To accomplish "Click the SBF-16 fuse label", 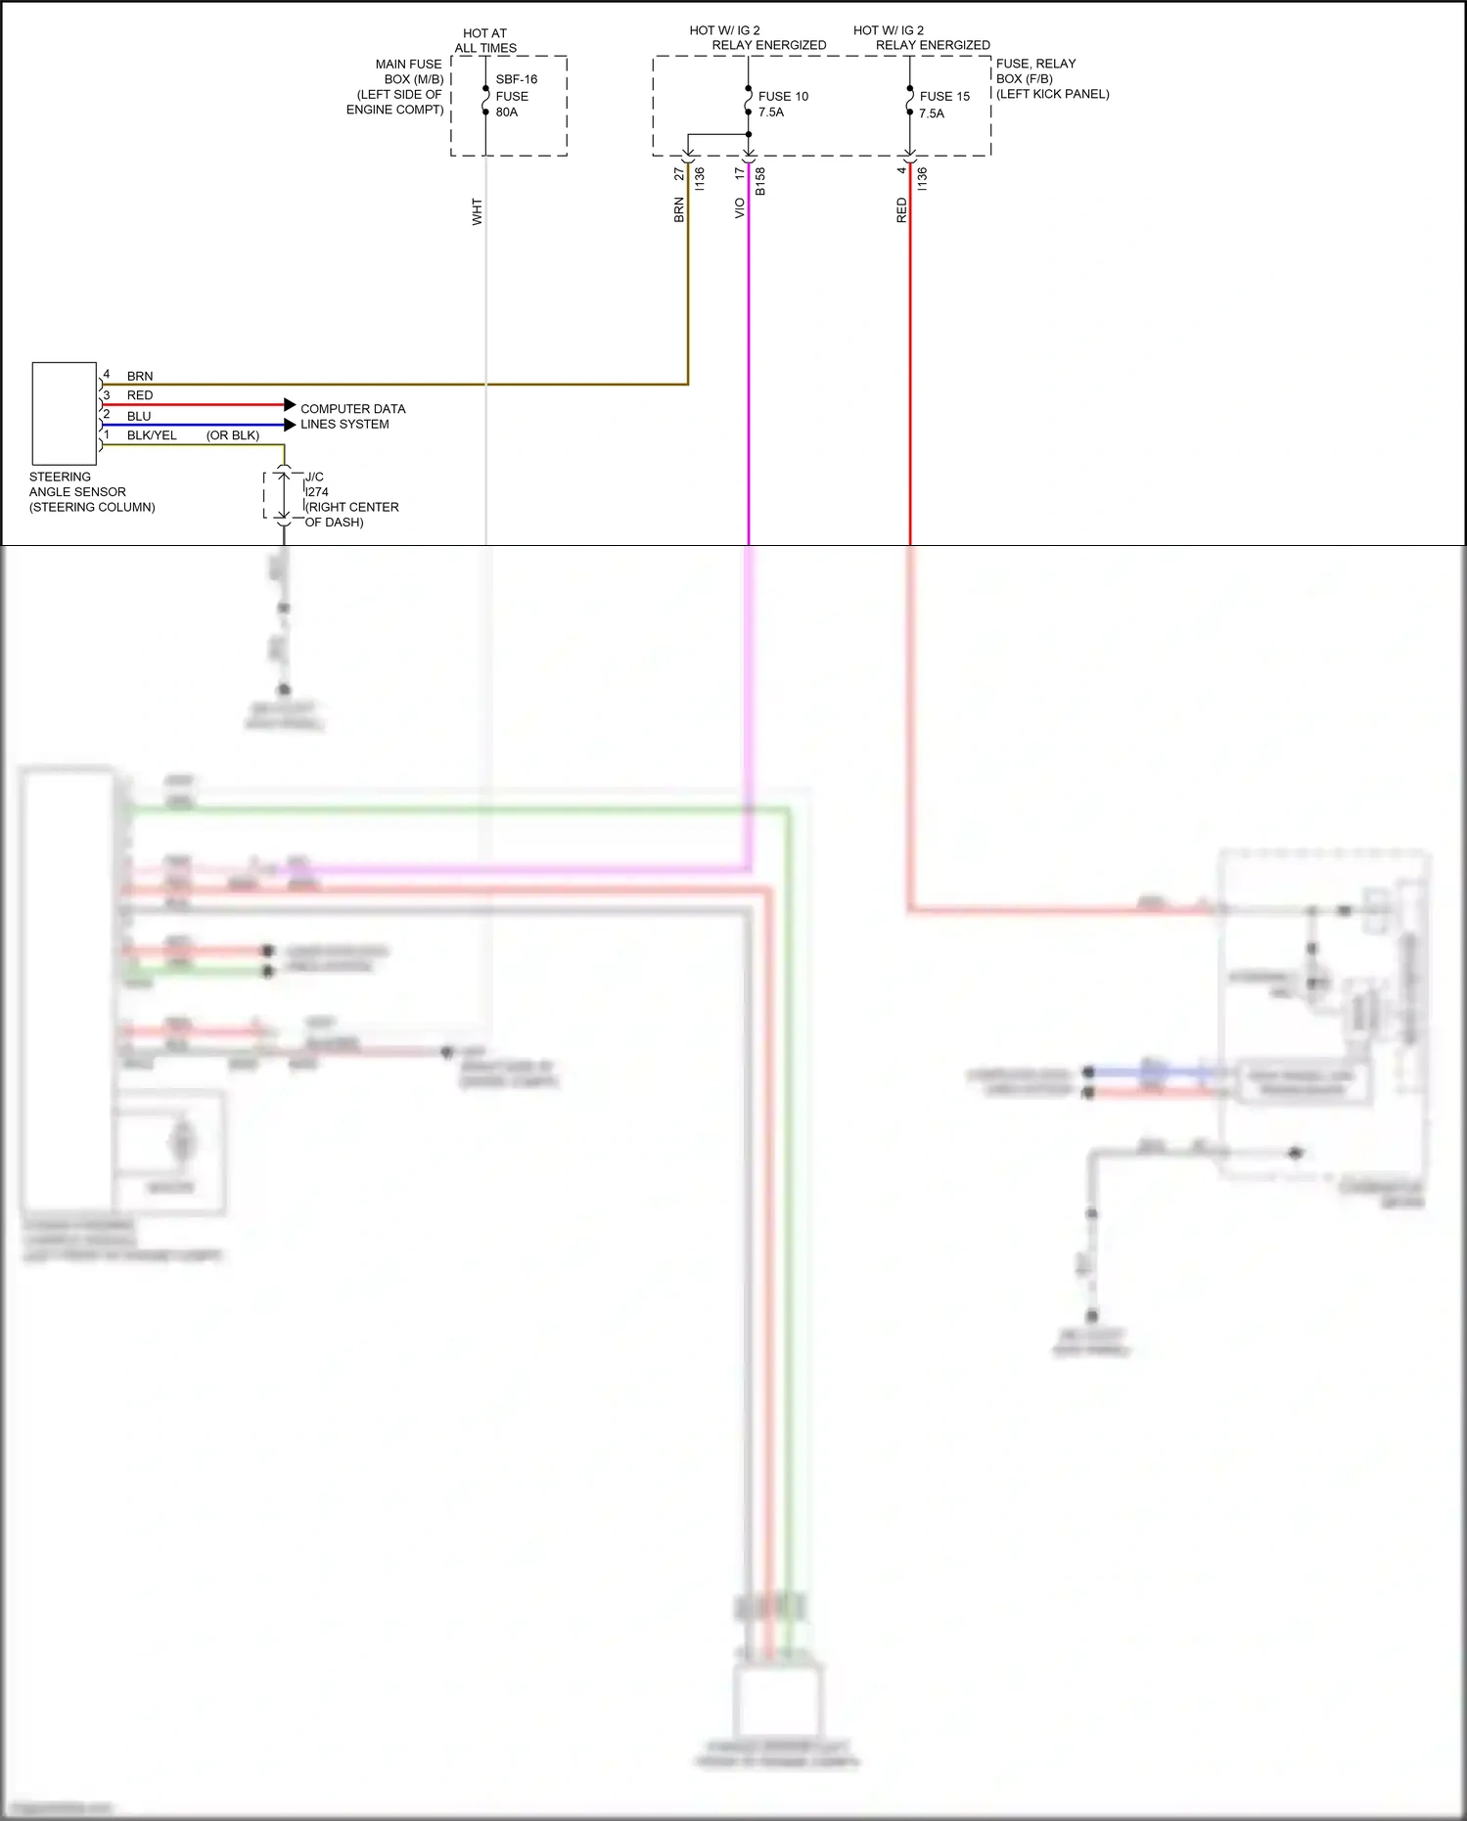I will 516,79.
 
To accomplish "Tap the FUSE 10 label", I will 783,96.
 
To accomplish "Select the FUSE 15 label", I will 944,96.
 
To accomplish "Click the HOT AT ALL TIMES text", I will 485,40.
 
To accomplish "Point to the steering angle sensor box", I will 65,413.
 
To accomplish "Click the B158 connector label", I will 760,181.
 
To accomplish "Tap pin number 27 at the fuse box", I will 679,173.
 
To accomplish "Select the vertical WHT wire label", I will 478,211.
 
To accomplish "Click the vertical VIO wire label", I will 740,208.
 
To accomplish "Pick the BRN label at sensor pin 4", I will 140,376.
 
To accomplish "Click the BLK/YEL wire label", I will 152,435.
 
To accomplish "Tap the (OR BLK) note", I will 233,435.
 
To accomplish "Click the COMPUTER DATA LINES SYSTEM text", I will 352,416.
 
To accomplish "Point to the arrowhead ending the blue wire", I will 290,425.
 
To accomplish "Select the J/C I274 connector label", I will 316,484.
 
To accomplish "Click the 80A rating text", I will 507,112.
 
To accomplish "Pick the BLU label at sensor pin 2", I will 139,416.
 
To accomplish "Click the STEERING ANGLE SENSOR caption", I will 91,491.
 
